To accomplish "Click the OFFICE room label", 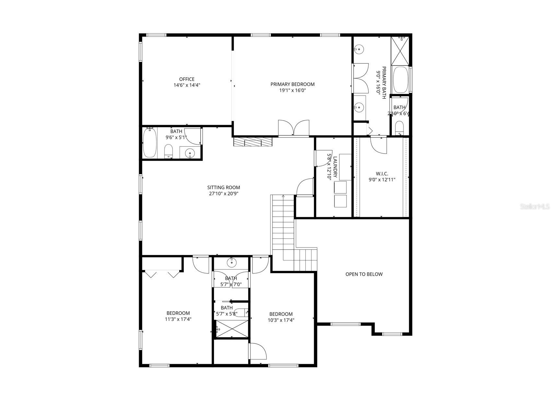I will [187, 79].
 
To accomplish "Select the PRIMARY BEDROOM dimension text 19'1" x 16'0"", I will [292, 90].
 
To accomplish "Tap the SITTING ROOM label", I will [224, 188].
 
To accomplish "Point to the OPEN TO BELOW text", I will [364, 274].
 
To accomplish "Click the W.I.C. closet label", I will [382, 174].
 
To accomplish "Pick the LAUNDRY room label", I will [335, 167].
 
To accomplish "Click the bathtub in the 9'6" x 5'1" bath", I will [150, 143].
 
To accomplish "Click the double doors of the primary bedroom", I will [293, 128].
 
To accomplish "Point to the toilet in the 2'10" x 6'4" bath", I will [399, 128].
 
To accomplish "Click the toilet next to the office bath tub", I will [169, 151].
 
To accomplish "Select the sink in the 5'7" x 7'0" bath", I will [231, 263].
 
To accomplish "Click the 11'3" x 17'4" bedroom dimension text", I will [178, 319].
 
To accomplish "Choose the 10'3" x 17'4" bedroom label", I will [281, 314].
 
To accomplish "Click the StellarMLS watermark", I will [535, 206].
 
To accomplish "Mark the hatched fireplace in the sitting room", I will [252, 142].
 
